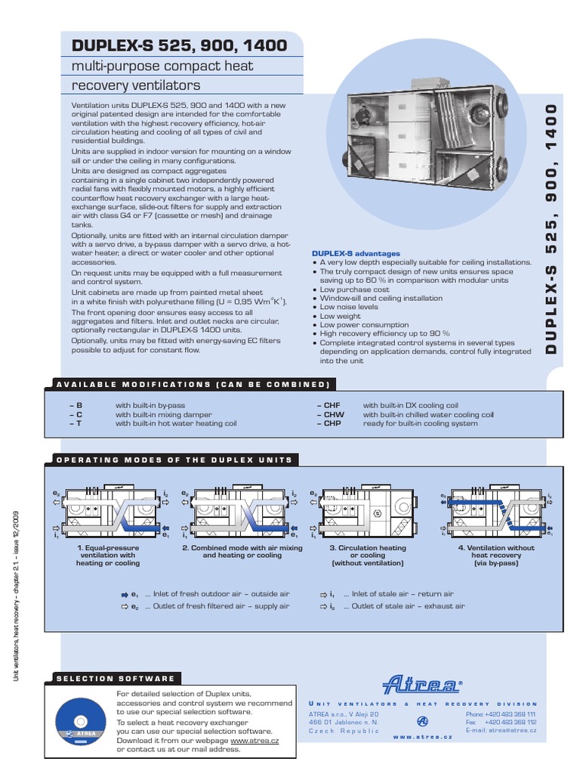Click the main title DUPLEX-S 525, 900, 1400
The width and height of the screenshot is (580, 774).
point(179,45)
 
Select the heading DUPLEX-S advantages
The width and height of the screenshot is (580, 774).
point(356,253)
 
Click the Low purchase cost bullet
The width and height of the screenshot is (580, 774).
point(354,289)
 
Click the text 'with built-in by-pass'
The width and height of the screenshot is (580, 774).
point(155,405)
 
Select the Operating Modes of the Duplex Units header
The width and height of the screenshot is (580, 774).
point(174,460)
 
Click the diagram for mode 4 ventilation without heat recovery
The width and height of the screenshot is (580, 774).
point(495,512)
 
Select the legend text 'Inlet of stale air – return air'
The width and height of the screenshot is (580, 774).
point(403,594)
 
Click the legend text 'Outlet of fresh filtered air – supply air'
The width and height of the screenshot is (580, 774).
point(217,606)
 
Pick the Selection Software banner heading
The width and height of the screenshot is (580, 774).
point(117,678)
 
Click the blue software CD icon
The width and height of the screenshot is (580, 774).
point(80,719)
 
